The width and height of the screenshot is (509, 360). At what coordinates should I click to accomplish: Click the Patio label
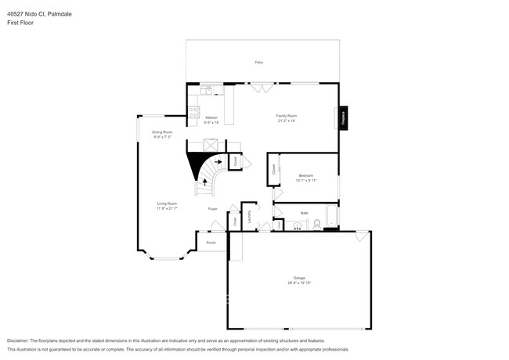coord(259,62)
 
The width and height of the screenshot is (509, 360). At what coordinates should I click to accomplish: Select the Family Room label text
coord(286,118)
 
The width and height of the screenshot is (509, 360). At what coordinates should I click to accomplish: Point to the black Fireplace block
coord(343,117)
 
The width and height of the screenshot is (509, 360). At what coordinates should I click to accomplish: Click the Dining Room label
coord(162,134)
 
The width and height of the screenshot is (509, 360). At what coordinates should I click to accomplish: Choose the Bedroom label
coord(305,178)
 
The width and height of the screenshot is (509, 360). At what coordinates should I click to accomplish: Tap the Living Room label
coord(167,206)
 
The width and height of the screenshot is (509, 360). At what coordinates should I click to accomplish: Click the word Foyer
coord(212,209)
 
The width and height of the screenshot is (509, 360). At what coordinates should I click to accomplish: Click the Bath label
coord(304,213)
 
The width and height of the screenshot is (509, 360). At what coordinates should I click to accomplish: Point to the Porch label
coord(211,243)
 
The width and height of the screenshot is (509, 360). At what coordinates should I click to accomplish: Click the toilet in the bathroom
coord(316,225)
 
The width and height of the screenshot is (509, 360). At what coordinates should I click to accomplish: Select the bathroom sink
coord(298,225)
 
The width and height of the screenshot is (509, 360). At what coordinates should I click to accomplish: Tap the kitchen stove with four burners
coord(193,113)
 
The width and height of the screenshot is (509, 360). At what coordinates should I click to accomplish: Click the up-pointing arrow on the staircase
coord(206,181)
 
